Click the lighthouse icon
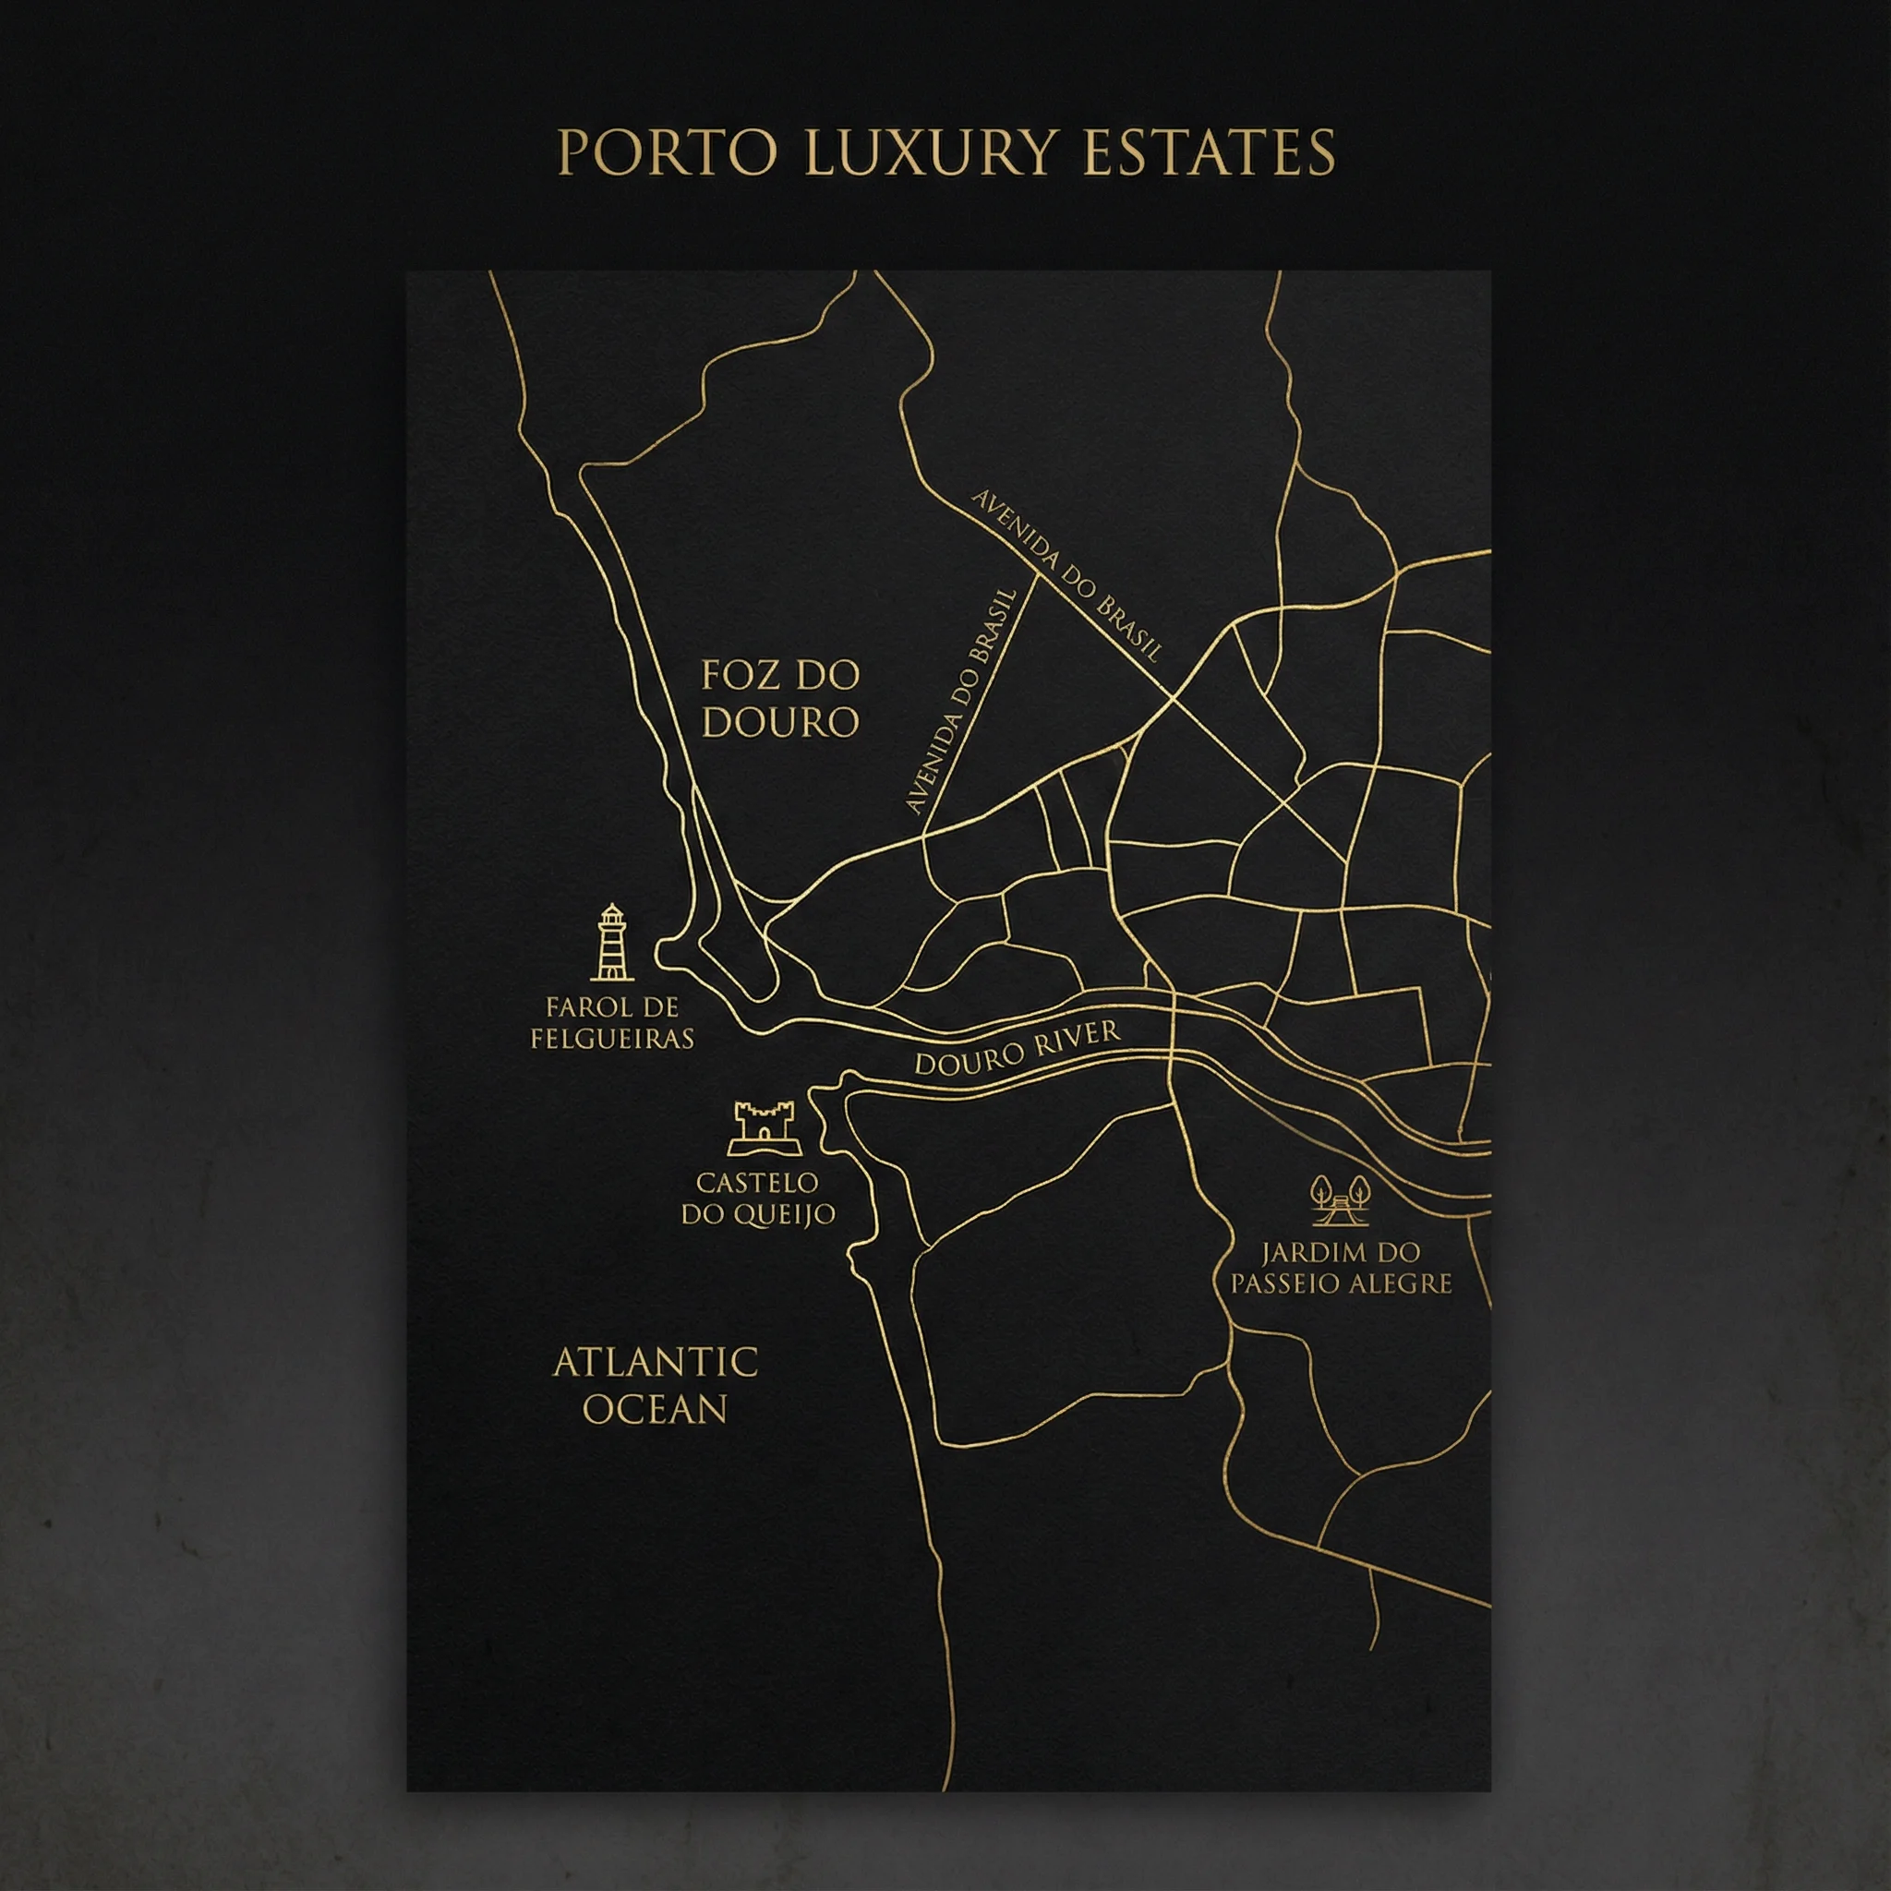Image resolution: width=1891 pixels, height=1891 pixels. pos(612,943)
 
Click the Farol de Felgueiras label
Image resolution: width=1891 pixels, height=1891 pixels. pos(612,1023)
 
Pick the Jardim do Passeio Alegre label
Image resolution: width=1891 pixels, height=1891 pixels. pos(1340,1269)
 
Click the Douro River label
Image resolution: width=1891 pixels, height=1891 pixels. pos(1016,1048)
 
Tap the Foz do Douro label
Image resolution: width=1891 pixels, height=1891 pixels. pos(780,699)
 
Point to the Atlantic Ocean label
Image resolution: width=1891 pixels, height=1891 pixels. pos(655,1385)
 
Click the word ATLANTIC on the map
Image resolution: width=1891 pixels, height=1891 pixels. pos(655,1363)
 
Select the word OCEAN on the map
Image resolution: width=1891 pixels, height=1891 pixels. pos(655,1409)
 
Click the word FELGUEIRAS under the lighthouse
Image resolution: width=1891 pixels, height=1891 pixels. pos(612,1039)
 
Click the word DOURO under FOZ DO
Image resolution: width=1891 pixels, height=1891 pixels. pos(780,723)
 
